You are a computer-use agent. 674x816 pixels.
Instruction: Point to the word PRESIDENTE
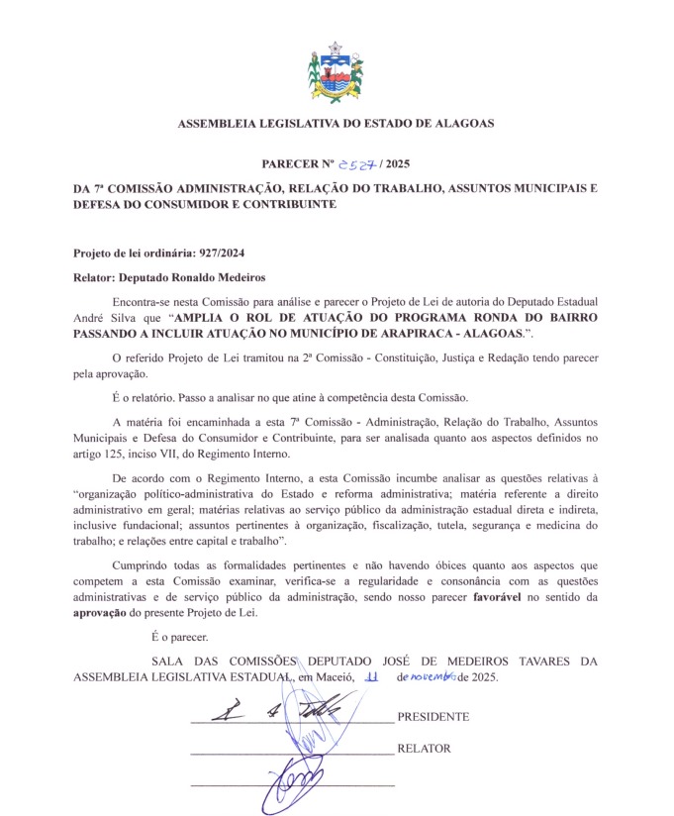(433, 716)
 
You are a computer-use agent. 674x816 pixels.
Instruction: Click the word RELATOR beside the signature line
(424, 749)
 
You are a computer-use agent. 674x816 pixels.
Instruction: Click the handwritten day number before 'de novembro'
(372, 678)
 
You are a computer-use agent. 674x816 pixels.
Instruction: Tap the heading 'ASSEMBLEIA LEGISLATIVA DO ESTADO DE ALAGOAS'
(336, 124)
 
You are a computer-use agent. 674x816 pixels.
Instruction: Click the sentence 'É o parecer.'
(180, 638)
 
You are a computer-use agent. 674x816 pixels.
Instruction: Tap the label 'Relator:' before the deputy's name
(98, 278)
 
